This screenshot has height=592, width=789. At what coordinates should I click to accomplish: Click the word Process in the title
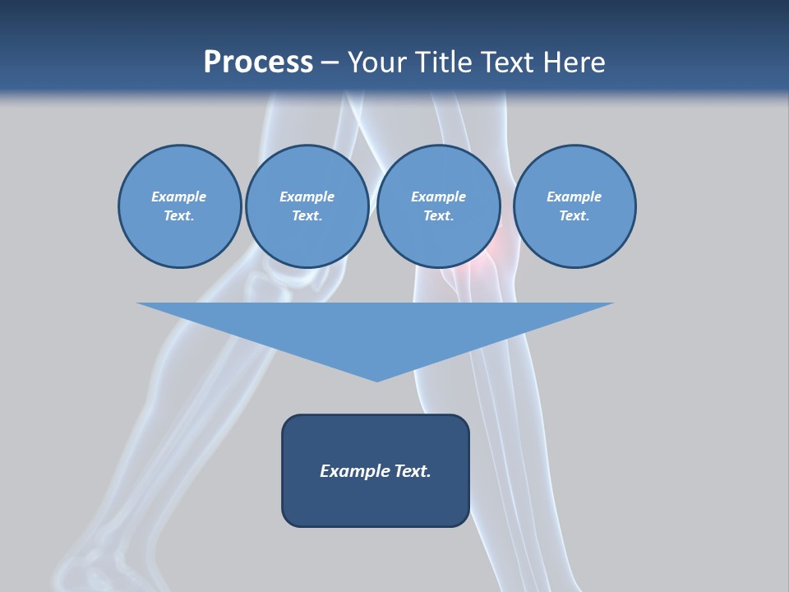(258, 62)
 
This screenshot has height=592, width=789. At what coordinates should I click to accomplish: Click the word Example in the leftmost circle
(179, 197)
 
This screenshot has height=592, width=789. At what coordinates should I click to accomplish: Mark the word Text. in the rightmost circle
(574, 216)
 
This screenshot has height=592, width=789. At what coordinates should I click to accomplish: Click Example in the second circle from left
(307, 197)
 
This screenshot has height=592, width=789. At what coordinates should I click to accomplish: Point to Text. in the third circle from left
(439, 216)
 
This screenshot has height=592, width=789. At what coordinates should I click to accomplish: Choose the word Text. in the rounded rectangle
(413, 471)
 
